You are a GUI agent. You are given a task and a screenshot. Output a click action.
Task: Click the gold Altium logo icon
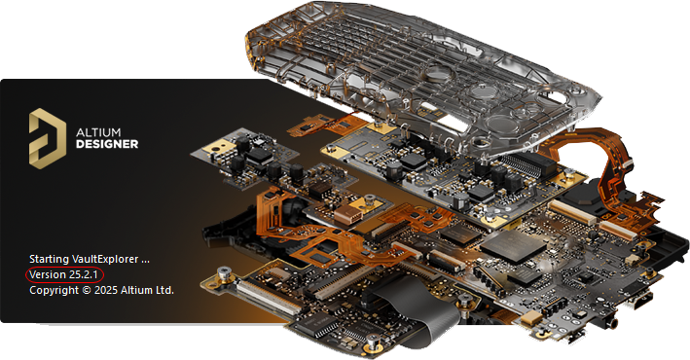click(x=48, y=138)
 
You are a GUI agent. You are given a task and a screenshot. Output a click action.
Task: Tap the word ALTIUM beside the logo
click(x=98, y=132)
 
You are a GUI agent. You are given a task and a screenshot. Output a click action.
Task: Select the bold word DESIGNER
click(x=107, y=144)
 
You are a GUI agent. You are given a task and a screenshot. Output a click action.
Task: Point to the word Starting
click(x=49, y=259)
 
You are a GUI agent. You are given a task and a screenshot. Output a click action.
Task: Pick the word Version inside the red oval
click(x=48, y=274)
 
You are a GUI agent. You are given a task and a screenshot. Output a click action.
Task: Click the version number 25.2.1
click(x=83, y=274)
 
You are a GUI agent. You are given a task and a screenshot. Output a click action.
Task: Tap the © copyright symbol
click(x=87, y=291)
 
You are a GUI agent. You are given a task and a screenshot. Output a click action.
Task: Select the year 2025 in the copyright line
click(x=106, y=291)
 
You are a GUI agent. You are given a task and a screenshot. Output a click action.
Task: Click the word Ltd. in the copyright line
click(x=163, y=291)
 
